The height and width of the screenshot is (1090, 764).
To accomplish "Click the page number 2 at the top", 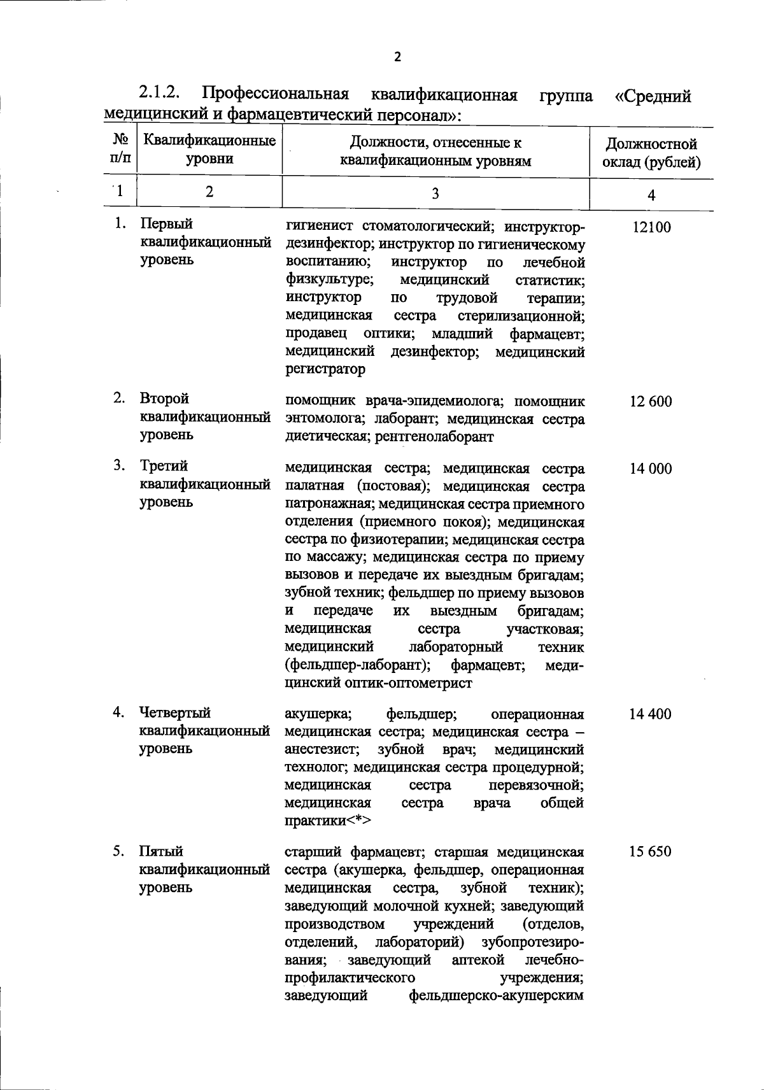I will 398,57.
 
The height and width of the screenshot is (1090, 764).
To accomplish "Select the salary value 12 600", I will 651,402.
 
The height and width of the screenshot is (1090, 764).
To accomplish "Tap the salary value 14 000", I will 651,469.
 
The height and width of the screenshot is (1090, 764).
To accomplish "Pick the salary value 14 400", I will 651,714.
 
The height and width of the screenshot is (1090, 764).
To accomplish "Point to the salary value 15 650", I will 651,852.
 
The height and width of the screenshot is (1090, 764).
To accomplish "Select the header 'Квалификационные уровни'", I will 209,149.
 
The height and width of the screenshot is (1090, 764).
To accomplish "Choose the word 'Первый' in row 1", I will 166,224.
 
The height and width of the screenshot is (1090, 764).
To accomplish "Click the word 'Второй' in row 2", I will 164,399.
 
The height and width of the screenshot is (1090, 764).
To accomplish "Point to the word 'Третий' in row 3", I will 164,466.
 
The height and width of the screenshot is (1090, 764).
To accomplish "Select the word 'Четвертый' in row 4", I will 175,712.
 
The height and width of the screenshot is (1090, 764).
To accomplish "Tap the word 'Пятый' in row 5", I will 161,851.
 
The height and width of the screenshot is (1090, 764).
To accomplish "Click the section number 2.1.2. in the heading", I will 159,94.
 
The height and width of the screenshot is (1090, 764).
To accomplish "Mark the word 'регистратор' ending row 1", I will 325,369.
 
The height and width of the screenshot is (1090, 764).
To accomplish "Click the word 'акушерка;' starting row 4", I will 315,714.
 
